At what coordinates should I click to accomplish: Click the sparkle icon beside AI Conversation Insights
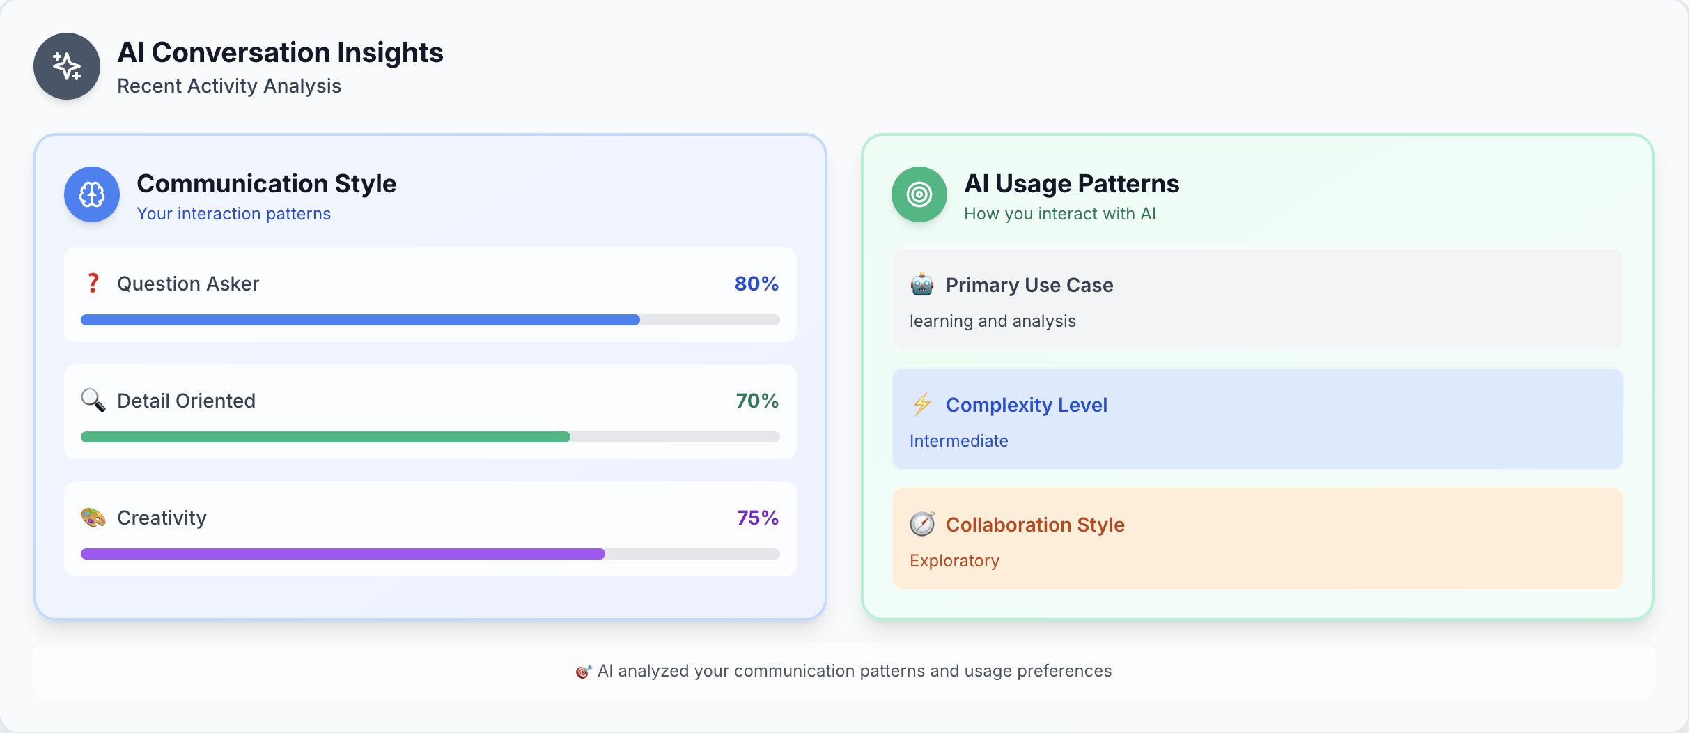67,66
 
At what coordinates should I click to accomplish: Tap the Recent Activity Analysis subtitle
229,86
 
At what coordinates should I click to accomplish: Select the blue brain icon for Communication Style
92,194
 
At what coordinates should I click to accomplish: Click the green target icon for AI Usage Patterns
919,194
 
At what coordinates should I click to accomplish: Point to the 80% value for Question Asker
756,284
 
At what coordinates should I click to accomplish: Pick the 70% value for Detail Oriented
757,401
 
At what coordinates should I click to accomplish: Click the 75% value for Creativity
757,518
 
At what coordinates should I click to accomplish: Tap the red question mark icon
93,283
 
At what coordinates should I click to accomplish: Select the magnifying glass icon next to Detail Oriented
93,400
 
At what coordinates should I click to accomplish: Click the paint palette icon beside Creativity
93,518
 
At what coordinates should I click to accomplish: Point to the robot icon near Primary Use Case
922,284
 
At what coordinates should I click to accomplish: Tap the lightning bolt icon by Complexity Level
922,404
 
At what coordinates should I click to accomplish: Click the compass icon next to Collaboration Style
922,524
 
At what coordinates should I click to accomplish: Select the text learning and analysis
993,321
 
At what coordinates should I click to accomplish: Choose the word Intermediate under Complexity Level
958,441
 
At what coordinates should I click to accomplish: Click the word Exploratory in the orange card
954,561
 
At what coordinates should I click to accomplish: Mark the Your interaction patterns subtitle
233,214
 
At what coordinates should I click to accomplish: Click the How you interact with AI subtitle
1059,214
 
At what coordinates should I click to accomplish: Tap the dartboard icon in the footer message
583,671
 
